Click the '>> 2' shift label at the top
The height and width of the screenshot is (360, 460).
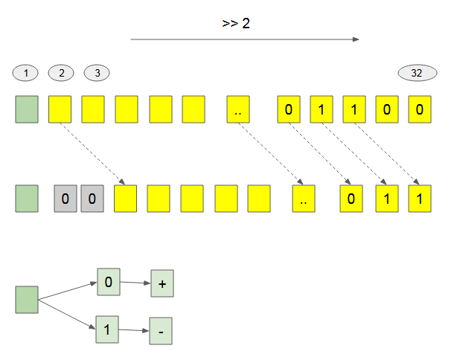click(236, 24)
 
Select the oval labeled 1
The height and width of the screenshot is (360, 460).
click(25, 73)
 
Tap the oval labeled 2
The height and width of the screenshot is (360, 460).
click(61, 73)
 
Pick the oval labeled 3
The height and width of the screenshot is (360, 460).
click(97, 73)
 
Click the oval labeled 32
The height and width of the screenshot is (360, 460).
click(418, 73)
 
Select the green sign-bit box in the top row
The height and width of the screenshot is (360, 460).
click(27, 109)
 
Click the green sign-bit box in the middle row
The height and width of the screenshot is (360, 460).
click(27, 199)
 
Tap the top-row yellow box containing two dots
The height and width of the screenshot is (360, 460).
click(238, 109)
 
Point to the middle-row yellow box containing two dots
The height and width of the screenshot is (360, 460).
click(304, 199)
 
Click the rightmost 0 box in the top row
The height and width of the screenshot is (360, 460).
click(420, 109)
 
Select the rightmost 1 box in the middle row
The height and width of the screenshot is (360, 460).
click(420, 199)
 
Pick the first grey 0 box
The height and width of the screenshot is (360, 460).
click(66, 199)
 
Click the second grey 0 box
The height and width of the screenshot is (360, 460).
click(92, 199)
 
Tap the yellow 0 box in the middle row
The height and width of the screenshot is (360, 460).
click(351, 199)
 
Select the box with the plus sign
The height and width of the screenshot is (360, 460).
click(162, 283)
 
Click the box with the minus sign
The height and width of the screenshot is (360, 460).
click(161, 331)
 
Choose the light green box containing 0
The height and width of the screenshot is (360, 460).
click(109, 282)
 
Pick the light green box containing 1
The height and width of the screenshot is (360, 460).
click(107, 330)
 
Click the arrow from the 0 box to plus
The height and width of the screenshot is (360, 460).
click(135, 283)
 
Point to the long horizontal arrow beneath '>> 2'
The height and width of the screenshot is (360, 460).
click(245, 39)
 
